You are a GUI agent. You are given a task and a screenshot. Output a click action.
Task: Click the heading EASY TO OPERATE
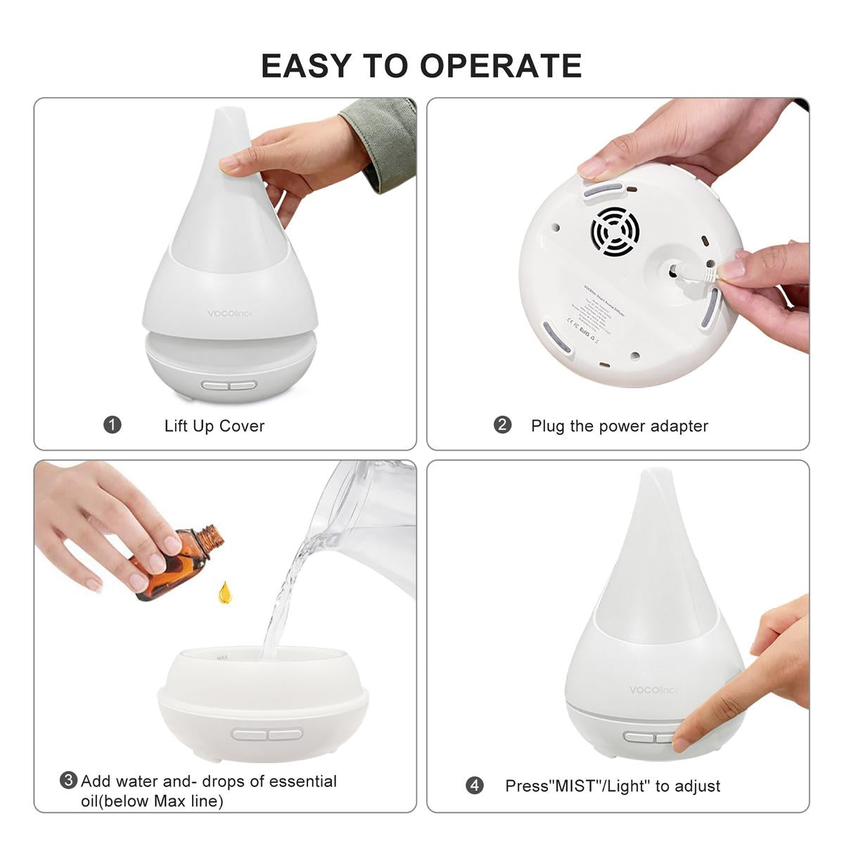(x=421, y=65)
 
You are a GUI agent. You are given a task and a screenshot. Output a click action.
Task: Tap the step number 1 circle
(x=113, y=425)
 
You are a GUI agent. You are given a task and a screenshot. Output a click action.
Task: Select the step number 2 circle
(x=502, y=425)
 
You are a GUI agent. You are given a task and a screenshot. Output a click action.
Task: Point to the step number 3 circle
(x=68, y=780)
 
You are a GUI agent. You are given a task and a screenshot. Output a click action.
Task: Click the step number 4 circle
(x=475, y=785)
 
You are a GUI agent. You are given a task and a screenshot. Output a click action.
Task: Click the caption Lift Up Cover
(x=215, y=426)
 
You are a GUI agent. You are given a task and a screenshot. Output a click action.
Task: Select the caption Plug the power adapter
(x=619, y=426)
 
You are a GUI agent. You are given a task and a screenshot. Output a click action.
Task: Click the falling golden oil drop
(x=224, y=593)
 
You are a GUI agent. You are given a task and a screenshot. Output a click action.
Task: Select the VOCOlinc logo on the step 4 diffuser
(x=653, y=690)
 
